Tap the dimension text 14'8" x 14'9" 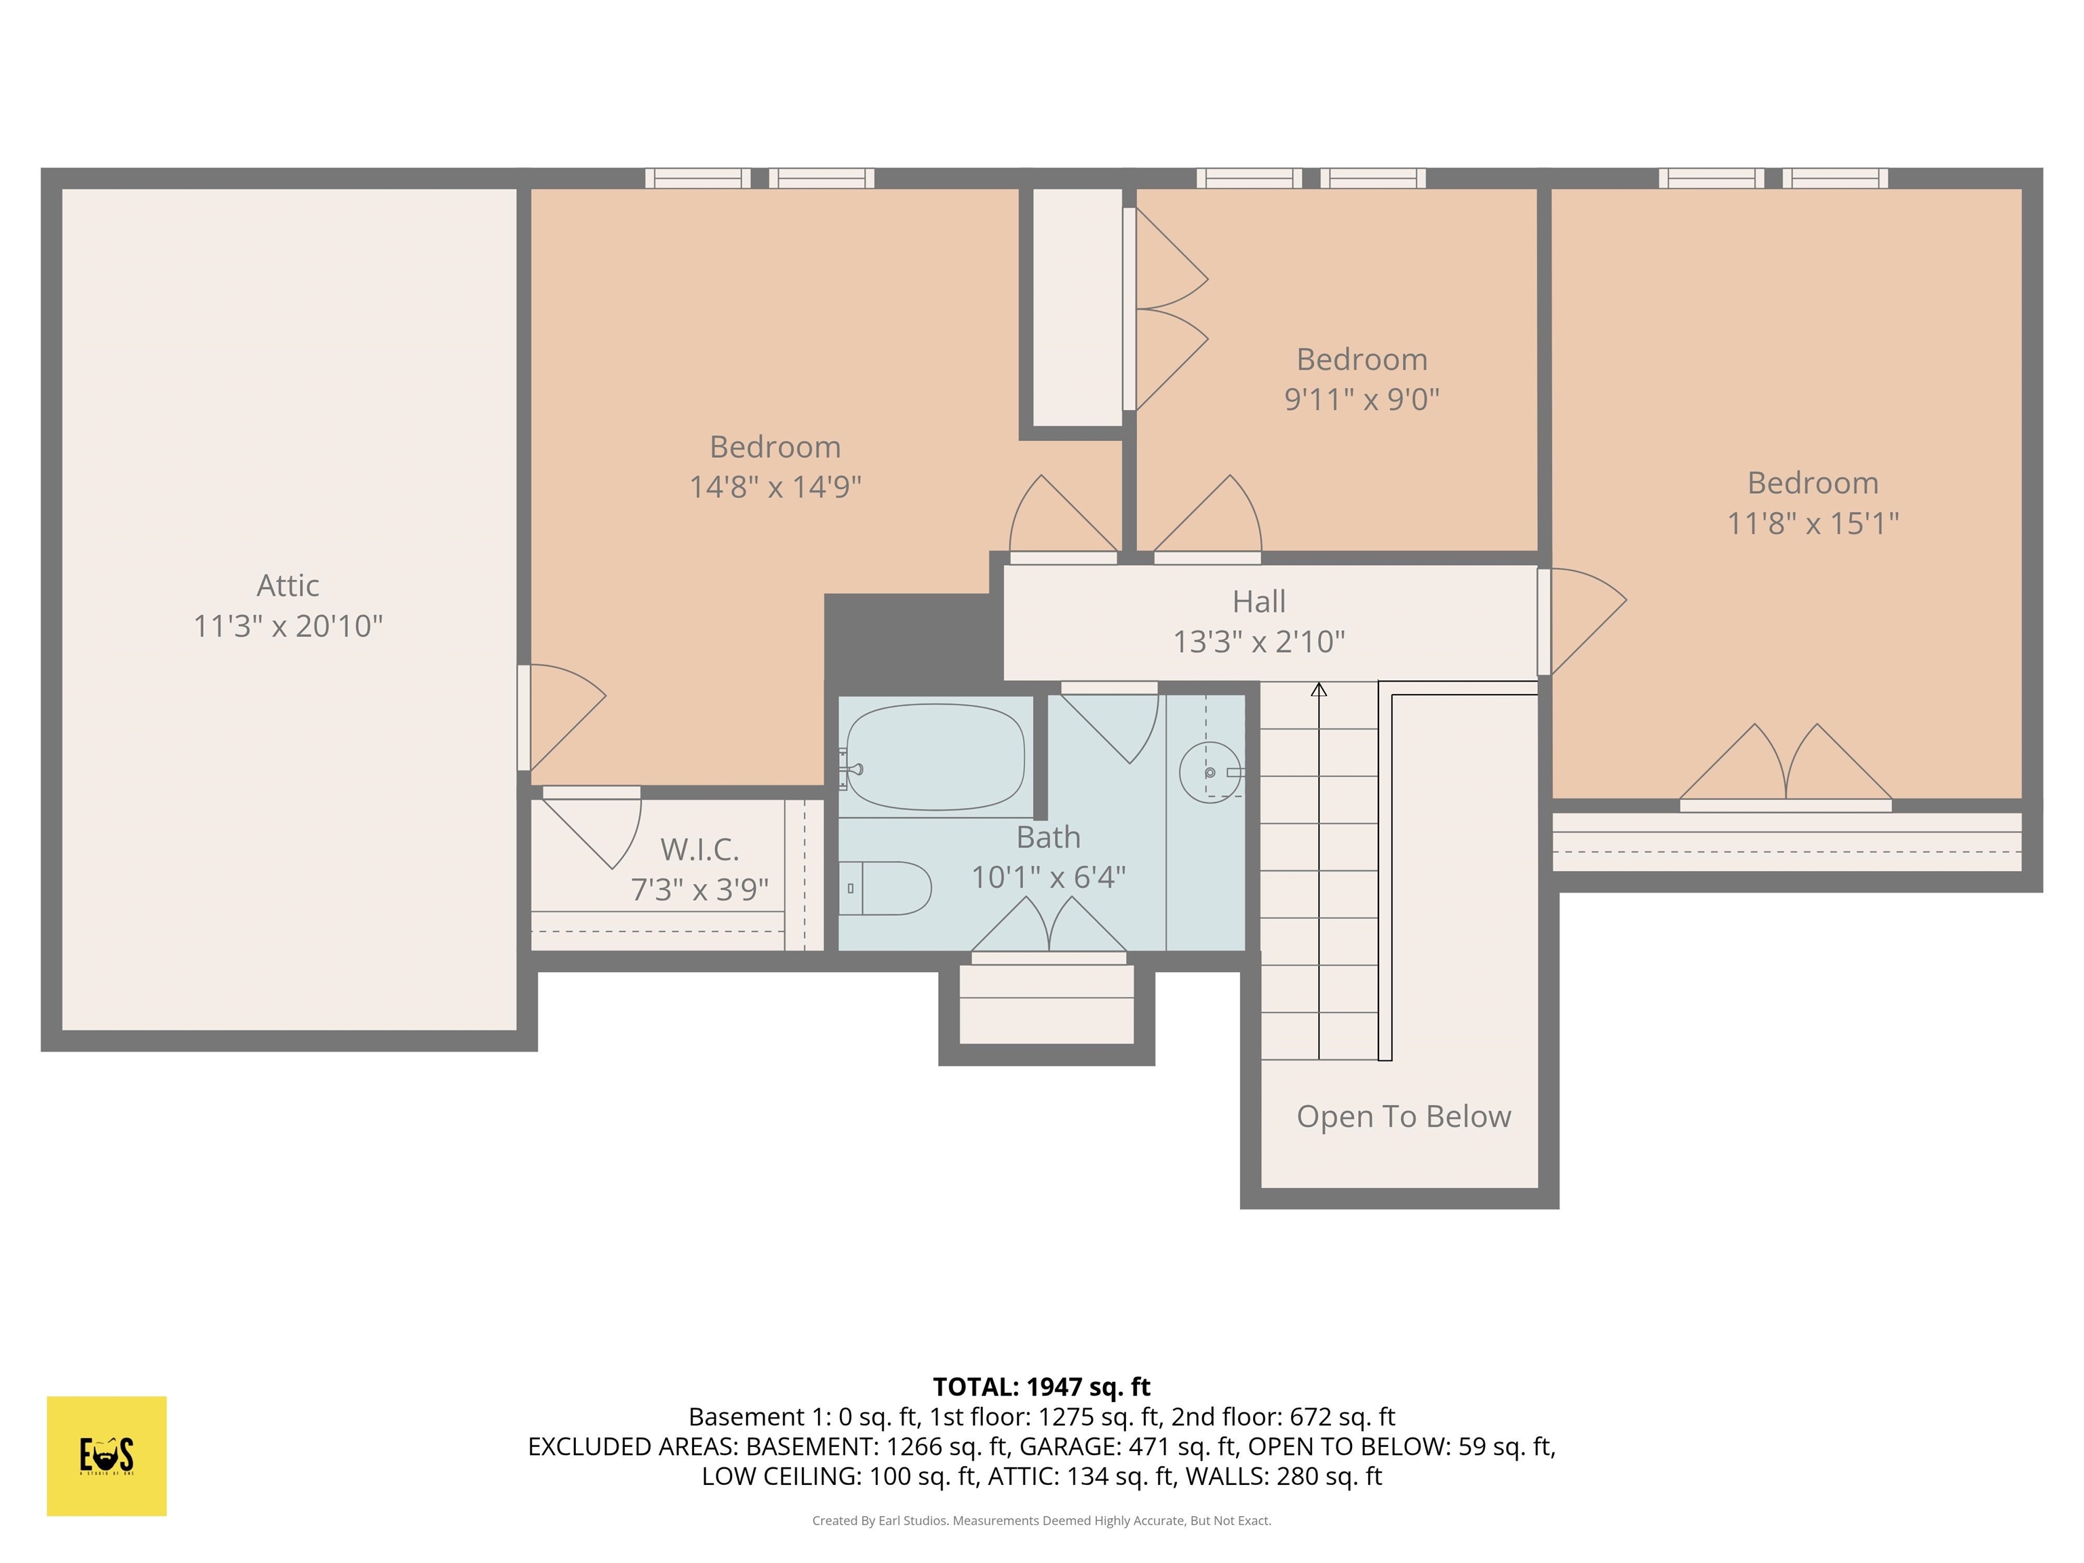[x=775, y=487]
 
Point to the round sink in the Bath [x=1210, y=773]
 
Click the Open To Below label [x=1403, y=1117]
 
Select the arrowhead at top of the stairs [x=1319, y=691]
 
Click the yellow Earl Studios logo [x=107, y=1456]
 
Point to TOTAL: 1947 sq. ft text [x=1041, y=1387]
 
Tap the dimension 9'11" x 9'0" [x=1362, y=400]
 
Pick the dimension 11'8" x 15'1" [x=1812, y=523]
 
